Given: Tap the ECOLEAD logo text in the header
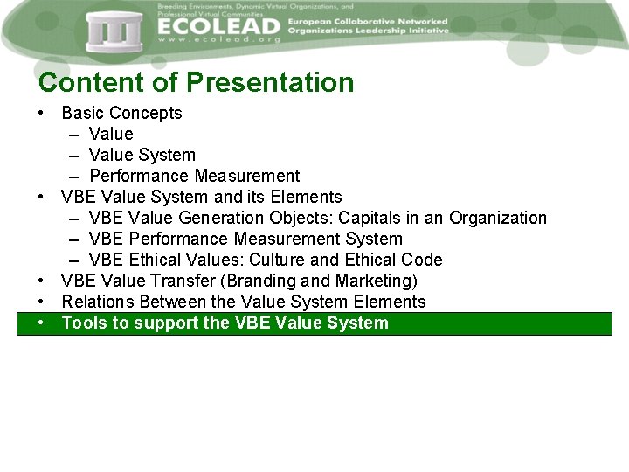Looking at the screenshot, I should (x=218, y=27).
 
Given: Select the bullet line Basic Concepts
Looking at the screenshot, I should (x=121, y=113).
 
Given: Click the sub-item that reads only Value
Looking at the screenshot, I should (x=111, y=134).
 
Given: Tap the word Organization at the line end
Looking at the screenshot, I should (x=498, y=218).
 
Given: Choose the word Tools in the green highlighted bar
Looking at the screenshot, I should (x=83, y=323).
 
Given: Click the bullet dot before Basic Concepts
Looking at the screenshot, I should (x=41, y=114).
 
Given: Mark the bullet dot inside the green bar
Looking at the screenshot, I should (x=41, y=323).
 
